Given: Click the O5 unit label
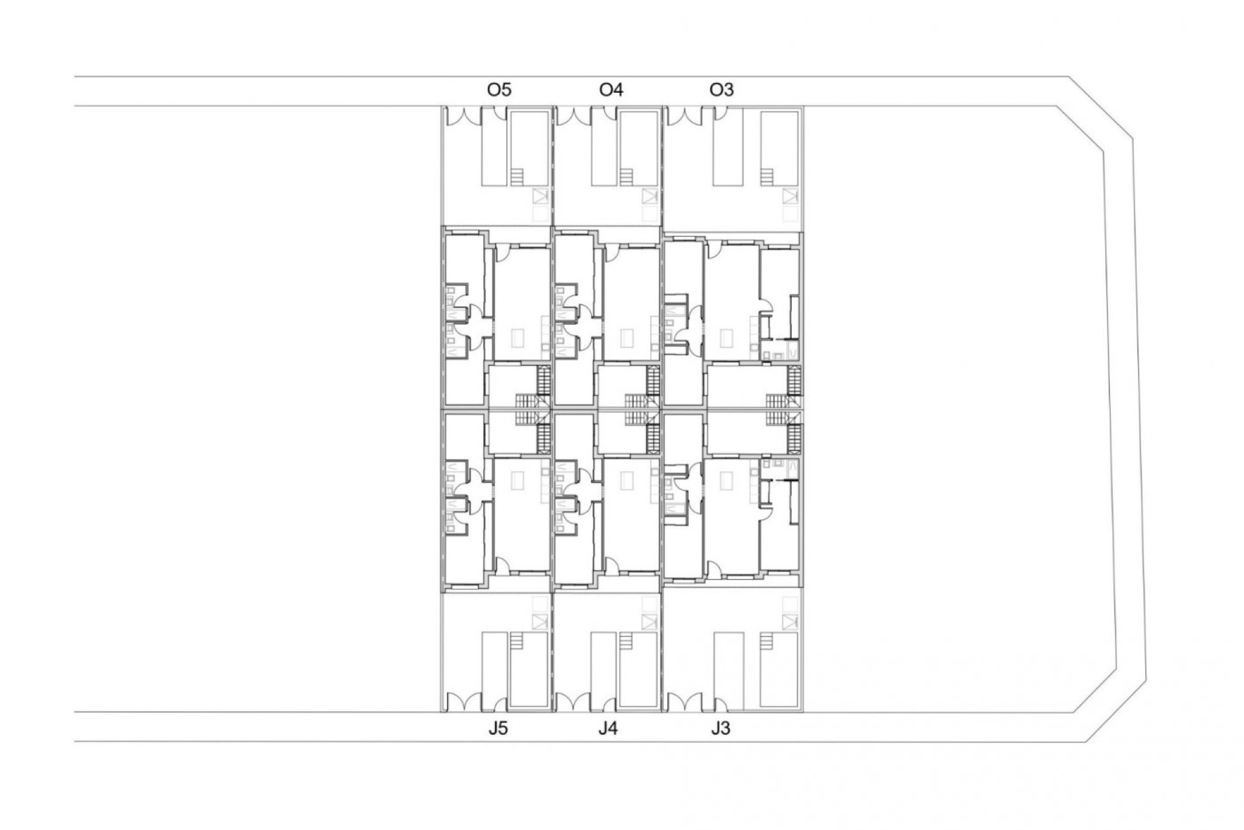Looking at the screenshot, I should [x=499, y=89].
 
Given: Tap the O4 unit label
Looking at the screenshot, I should [x=611, y=89].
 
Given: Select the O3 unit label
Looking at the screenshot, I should [x=722, y=89].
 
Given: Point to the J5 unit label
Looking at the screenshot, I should [x=498, y=729].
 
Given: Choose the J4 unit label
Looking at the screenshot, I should [x=608, y=729].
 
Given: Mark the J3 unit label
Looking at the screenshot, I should [x=720, y=729].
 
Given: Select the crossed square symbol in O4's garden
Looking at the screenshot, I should [x=649, y=196].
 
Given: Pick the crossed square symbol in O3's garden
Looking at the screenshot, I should [x=789, y=196].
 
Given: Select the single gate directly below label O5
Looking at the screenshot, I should [x=499, y=114].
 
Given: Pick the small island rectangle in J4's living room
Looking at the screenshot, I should [x=627, y=480].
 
